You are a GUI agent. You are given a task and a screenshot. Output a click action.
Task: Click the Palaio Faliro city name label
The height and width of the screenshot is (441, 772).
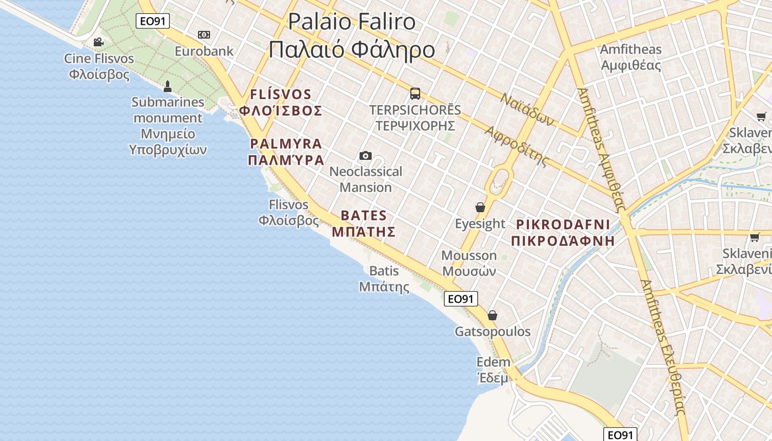[352, 35]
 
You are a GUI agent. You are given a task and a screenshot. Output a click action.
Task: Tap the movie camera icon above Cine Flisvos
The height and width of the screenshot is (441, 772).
[98, 42]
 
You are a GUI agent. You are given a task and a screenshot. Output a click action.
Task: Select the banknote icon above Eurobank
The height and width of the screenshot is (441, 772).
[204, 35]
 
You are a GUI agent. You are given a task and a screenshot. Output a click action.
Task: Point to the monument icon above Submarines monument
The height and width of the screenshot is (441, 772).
[168, 86]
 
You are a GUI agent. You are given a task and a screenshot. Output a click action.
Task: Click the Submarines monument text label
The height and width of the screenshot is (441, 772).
[168, 126]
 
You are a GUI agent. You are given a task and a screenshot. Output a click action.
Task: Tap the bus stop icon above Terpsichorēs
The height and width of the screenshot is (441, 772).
[415, 93]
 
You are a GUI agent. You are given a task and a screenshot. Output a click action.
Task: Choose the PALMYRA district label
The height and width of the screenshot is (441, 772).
[286, 152]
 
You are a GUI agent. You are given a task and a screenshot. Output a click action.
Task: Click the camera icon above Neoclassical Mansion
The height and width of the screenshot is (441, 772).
[365, 155]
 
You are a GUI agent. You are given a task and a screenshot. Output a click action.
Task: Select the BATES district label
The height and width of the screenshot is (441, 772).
[363, 223]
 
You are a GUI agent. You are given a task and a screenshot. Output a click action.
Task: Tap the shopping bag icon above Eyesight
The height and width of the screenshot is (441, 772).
[480, 207]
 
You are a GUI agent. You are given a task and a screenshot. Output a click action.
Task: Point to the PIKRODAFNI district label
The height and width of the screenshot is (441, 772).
[563, 232]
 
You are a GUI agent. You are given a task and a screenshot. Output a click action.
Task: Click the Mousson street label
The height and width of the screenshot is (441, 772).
[469, 263]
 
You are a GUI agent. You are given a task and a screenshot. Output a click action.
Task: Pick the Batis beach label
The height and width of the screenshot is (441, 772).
[384, 278]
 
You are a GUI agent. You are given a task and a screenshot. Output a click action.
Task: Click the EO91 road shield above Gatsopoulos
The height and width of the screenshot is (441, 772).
[460, 299]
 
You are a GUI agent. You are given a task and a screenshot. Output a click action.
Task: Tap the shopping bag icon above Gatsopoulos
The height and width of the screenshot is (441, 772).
[492, 315]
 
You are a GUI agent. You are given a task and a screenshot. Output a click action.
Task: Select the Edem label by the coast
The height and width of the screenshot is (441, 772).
[493, 370]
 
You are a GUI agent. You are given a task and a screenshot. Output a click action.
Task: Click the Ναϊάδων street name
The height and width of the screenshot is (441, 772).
[527, 109]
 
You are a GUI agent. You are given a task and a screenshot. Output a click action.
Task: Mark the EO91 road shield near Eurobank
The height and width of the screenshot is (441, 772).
[153, 21]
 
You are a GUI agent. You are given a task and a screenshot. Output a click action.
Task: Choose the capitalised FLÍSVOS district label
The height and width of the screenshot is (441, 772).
[281, 102]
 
